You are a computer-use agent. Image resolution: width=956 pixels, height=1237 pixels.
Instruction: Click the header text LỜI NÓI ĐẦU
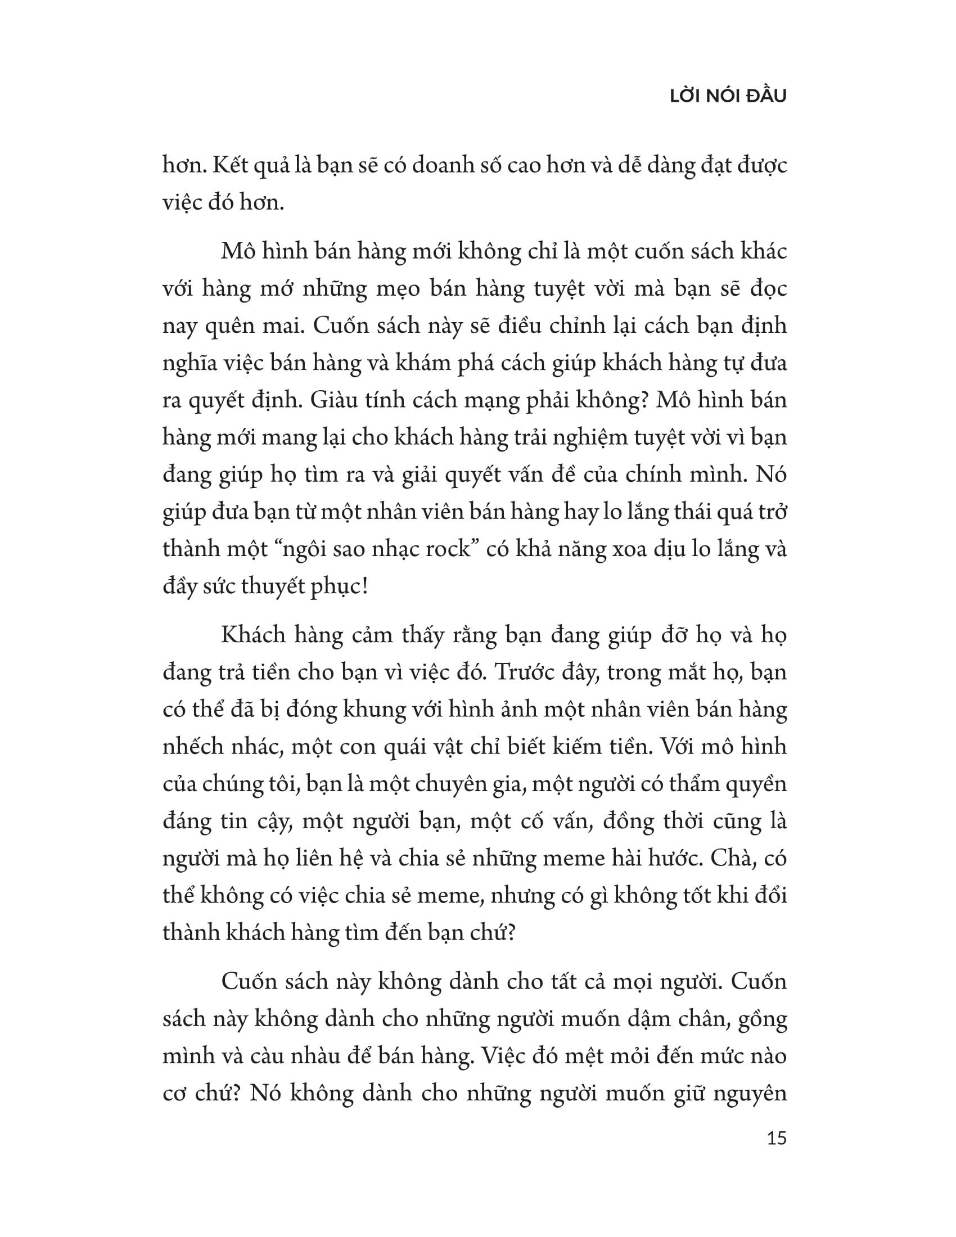pos(728,97)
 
